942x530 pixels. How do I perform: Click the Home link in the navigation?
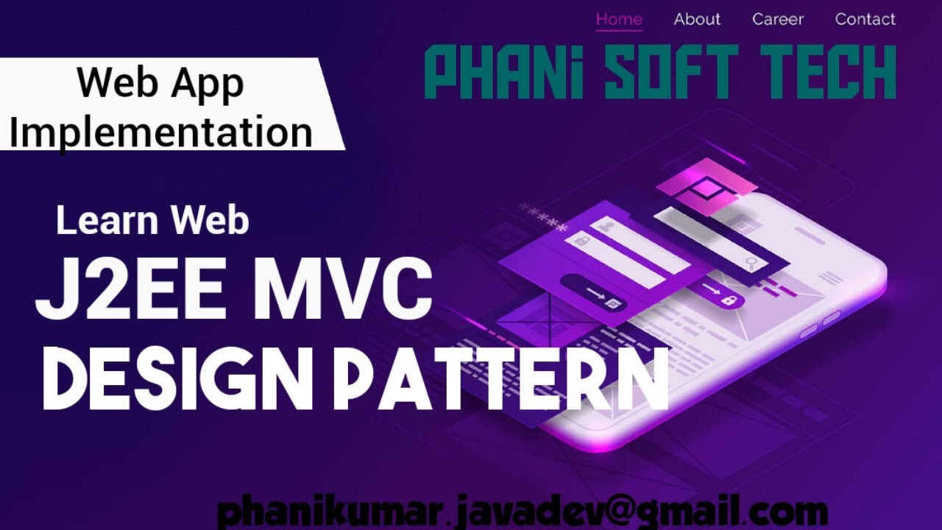coord(619,20)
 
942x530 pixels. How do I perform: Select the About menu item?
coord(697,20)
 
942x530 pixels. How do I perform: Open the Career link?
coord(778,20)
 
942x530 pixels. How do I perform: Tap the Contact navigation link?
coord(865,20)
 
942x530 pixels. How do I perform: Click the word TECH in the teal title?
coord(825,72)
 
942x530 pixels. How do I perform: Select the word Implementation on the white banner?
coord(161,132)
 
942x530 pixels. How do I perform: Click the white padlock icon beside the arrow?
coord(730,300)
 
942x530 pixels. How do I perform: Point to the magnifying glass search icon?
coord(751,263)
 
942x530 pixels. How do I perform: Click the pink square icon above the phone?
coord(705,188)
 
